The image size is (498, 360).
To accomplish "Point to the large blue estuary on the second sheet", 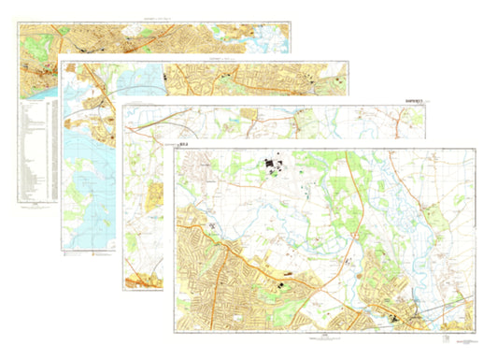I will pyautogui.click(x=89, y=187).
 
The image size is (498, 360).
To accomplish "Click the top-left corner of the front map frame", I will pyautogui.click(x=175, y=151).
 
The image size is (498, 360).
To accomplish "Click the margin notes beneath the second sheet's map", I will pyautogui.click(x=84, y=253).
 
